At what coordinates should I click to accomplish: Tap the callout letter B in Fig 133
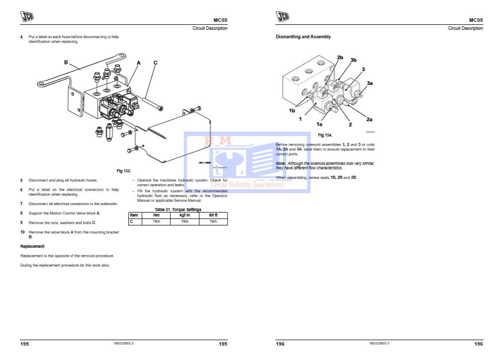(66, 62)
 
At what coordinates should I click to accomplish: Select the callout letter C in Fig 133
(156, 63)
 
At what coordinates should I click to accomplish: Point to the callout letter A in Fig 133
(139, 63)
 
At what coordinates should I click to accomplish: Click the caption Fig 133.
(124, 171)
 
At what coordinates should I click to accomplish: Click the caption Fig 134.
(325, 135)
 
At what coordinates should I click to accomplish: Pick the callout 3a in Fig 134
(370, 83)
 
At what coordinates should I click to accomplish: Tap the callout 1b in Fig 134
(292, 110)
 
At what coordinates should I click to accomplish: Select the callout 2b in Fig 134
(340, 58)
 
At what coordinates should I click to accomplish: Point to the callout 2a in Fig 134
(369, 119)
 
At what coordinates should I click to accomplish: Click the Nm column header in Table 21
(156, 215)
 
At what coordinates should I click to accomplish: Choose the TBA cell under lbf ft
(213, 221)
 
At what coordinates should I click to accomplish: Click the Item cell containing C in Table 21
(131, 221)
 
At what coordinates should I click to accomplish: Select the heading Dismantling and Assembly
(303, 37)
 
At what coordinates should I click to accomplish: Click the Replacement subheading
(32, 246)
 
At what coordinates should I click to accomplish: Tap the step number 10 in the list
(22, 232)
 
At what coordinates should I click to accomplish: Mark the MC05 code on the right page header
(476, 20)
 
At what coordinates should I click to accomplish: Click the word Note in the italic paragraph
(281, 163)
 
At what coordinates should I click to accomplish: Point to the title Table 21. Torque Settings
(178, 210)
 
